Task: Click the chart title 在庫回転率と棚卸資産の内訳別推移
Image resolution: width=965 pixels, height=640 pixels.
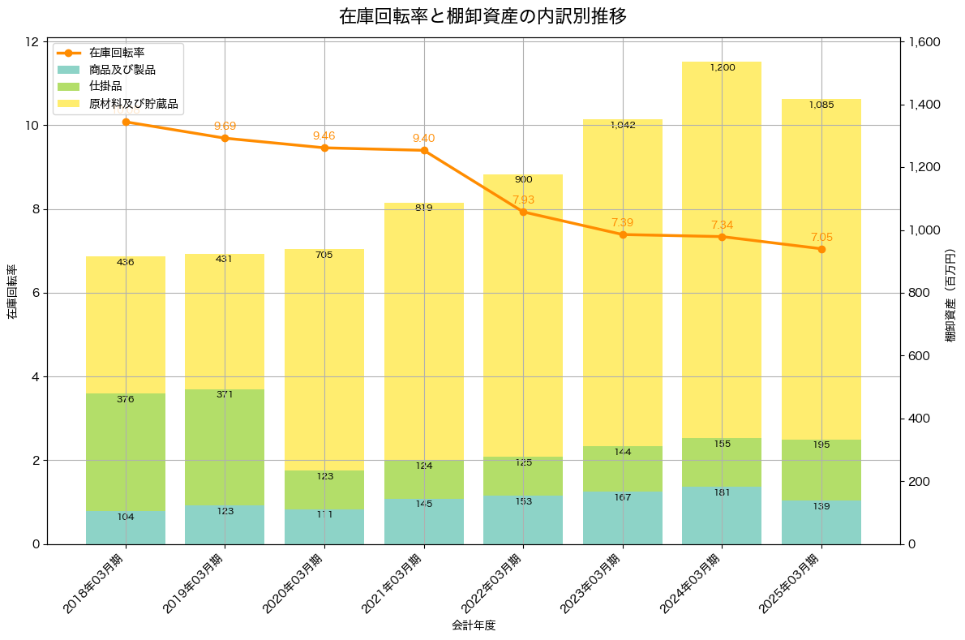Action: pos(482,16)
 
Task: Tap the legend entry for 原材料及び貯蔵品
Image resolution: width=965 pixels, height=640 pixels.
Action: pos(133,104)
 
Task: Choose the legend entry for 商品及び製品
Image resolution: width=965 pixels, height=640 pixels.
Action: pos(122,70)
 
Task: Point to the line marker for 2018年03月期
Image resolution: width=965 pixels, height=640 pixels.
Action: pos(126,122)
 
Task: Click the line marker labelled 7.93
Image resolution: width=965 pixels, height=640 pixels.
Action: pos(523,212)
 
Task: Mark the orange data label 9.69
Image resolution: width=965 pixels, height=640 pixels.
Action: pos(225,126)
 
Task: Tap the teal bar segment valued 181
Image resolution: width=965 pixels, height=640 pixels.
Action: pos(722,515)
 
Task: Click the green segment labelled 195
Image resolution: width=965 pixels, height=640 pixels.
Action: pos(821,470)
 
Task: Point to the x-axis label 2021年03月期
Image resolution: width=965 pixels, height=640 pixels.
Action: pos(392,582)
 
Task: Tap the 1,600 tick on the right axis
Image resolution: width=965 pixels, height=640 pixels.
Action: pos(927,42)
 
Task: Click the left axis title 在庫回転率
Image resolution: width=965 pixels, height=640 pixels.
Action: pos(12,292)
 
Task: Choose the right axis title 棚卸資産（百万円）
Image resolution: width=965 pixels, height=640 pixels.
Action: pos(951,292)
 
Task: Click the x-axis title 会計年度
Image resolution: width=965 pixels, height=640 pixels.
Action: pos(474,625)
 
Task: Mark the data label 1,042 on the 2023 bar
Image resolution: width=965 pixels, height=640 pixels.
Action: pos(623,125)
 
